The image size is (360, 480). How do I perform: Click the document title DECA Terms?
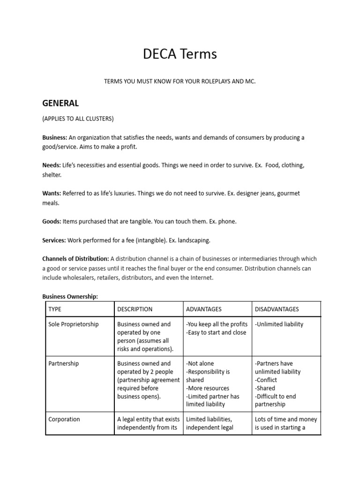(x=180, y=54)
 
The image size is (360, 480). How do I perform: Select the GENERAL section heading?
(x=60, y=103)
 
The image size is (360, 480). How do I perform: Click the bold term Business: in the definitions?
(x=55, y=137)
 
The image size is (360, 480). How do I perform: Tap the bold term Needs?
(x=51, y=165)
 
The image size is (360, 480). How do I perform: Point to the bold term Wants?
(x=52, y=194)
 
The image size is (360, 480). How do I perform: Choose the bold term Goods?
(x=52, y=222)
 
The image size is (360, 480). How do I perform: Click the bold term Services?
(x=54, y=240)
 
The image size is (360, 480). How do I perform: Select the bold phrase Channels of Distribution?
(x=75, y=259)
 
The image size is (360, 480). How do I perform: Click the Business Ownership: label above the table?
(x=70, y=297)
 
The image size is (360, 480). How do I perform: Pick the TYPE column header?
(x=55, y=309)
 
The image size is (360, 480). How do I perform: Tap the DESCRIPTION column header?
(x=135, y=309)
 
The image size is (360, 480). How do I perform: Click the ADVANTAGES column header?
(x=204, y=309)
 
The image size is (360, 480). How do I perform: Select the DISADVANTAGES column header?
(x=277, y=309)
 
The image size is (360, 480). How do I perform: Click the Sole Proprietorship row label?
(x=74, y=324)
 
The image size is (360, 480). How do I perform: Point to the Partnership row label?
(x=63, y=363)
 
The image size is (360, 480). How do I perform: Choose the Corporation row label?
(x=64, y=420)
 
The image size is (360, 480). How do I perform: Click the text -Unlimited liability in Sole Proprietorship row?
(x=279, y=324)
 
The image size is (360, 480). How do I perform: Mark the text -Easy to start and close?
(x=216, y=333)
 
